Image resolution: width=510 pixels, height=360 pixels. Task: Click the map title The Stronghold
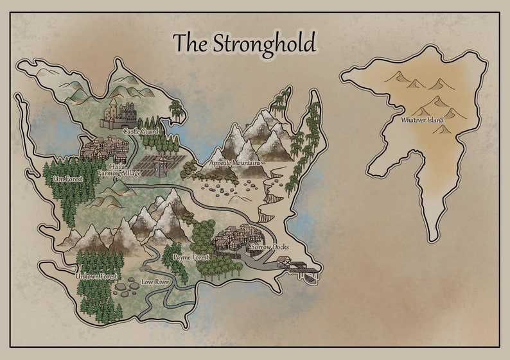click(x=245, y=44)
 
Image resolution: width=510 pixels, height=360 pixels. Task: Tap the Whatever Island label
click(x=423, y=119)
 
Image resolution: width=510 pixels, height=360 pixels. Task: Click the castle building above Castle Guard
click(x=120, y=114)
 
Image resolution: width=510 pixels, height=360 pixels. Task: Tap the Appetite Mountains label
click(x=235, y=163)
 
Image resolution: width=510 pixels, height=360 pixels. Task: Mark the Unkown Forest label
click(x=96, y=276)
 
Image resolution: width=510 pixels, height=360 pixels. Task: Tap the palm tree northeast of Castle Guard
click(x=176, y=109)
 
